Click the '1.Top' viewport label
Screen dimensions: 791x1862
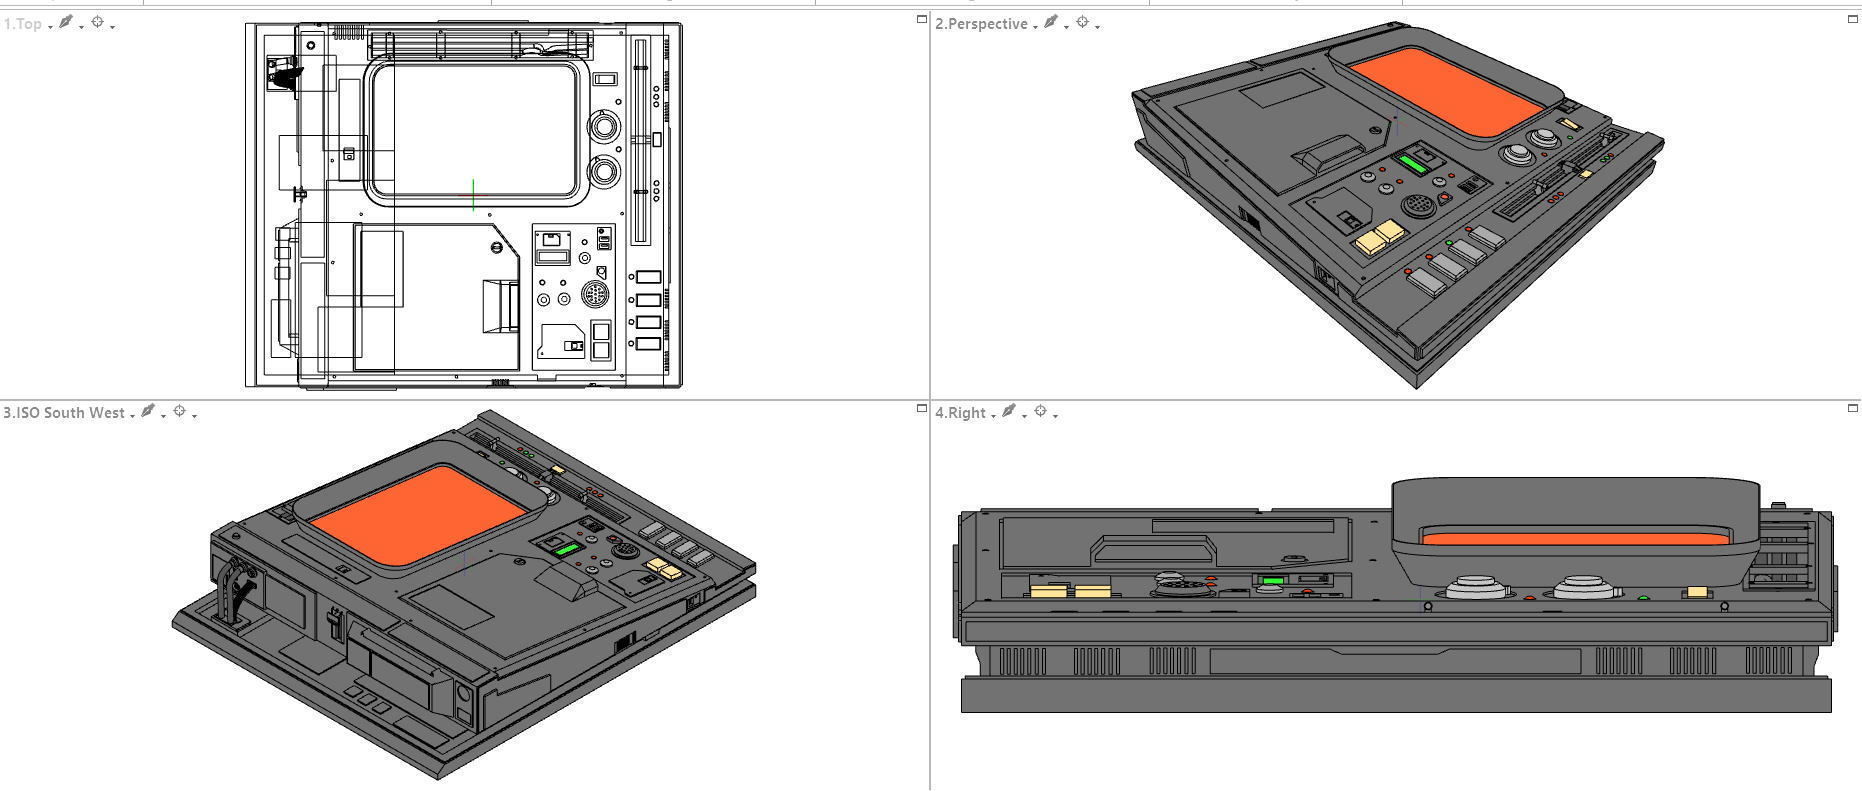pos(22,24)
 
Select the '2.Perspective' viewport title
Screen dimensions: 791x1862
pos(980,24)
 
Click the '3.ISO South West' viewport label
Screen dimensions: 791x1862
pos(64,413)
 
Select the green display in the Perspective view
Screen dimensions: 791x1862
pos(1413,164)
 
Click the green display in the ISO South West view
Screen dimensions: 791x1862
pos(565,549)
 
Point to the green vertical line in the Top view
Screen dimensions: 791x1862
pos(473,195)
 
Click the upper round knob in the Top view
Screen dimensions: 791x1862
pos(604,127)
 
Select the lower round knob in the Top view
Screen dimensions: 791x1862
pos(604,172)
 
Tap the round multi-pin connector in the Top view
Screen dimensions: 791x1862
pos(595,295)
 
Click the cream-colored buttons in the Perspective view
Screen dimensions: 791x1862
pos(1379,238)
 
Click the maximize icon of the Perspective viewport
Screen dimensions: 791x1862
pos(1852,19)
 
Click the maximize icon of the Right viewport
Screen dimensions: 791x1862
pos(1852,408)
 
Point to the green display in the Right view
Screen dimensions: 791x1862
pos(1273,580)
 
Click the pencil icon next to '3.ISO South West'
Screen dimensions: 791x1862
pos(148,411)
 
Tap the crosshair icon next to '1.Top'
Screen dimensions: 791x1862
pos(98,22)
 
